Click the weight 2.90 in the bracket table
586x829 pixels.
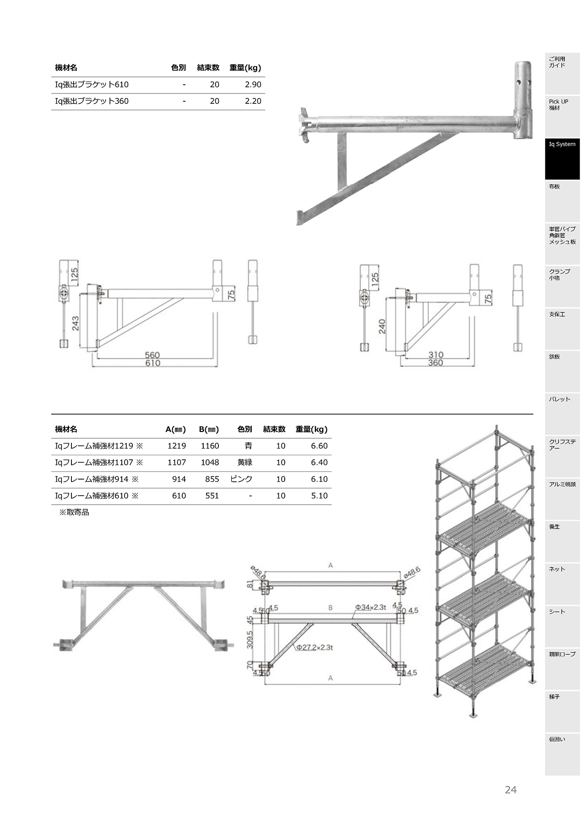(x=253, y=85)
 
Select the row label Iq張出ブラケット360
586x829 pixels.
(x=92, y=101)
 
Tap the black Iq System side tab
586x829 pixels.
(x=562, y=159)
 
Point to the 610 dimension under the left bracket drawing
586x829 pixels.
(x=152, y=363)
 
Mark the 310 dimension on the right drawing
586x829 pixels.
(x=436, y=355)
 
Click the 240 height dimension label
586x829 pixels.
(x=382, y=326)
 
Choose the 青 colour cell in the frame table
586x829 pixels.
(x=248, y=446)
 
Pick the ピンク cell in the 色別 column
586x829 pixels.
(x=241, y=479)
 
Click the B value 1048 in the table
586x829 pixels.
(x=210, y=463)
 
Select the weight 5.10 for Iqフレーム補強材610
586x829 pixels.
(x=319, y=496)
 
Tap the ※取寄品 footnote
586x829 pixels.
(x=74, y=513)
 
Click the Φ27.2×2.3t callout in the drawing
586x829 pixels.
(x=314, y=648)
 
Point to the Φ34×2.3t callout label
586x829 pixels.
(x=371, y=607)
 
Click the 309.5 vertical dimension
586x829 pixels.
(x=250, y=640)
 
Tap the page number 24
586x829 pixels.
(x=510, y=790)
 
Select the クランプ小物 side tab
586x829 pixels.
(x=562, y=286)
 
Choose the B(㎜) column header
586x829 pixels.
(x=209, y=430)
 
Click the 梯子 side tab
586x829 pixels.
(x=562, y=711)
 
